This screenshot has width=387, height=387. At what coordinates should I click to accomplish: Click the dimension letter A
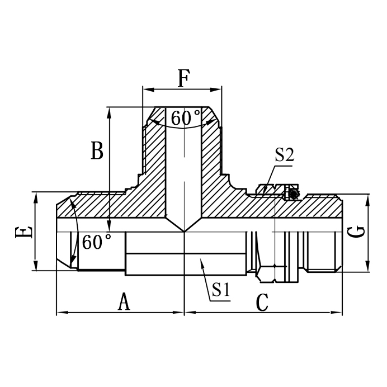pos(124,302)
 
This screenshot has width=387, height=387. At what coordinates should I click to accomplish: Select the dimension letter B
pos(97,151)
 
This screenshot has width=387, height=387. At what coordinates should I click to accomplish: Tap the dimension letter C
pos(262,303)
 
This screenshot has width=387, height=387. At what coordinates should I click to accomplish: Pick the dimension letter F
pos(183,78)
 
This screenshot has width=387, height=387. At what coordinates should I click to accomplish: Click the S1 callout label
pos(220,290)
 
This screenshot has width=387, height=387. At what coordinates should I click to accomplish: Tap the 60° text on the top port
pos(186,118)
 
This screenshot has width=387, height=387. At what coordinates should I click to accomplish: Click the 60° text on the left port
pos(96,242)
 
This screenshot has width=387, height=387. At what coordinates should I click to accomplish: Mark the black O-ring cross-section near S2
pos(291,193)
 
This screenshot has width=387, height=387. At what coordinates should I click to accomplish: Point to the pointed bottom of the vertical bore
pos(183,231)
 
